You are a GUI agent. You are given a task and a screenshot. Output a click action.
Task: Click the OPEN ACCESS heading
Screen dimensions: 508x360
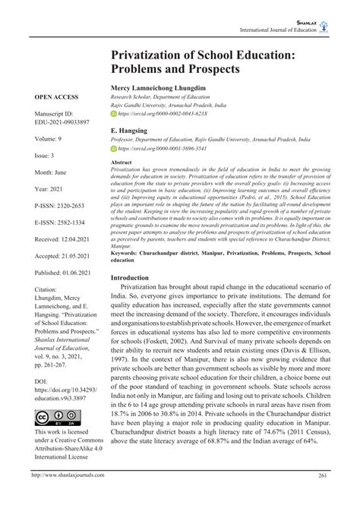click(55, 97)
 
